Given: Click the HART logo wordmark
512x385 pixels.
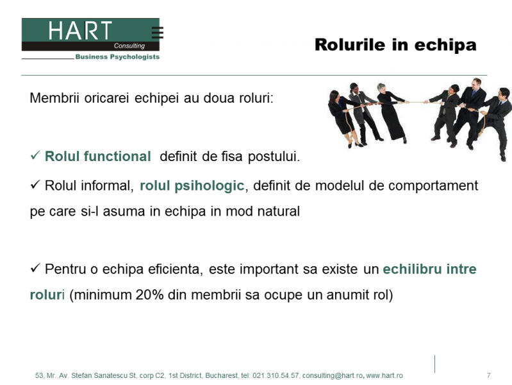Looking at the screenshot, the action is click(80, 30).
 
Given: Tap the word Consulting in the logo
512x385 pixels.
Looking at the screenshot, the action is click(129, 46).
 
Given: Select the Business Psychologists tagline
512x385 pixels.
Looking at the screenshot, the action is click(117, 57).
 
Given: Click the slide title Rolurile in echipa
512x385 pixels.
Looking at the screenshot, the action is click(395, 45).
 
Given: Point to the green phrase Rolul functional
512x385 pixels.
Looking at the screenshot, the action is click(97, 157).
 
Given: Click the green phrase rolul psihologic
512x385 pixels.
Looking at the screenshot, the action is click(192, 186).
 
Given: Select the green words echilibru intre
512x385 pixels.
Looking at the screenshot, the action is click(430, 269).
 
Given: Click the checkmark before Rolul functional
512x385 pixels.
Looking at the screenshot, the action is click(35, 155).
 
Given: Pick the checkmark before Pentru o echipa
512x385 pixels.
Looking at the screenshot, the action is click(35, 268).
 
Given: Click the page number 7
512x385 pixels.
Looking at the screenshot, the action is click(488, 375).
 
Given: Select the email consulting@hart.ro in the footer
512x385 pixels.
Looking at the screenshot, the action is click(333, 375).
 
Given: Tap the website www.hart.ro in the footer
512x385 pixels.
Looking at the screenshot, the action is click(384, 375).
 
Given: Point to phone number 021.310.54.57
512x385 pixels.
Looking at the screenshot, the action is click(276, 375).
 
